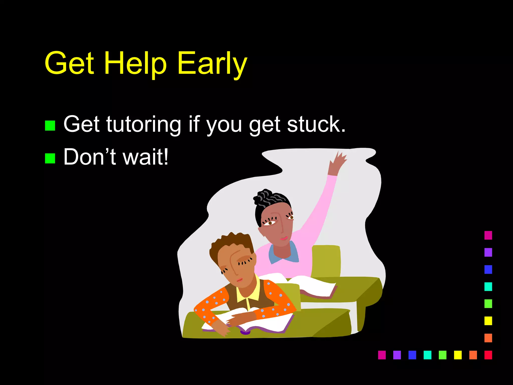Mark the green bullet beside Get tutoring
pos(50,126)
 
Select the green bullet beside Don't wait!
pos(50,158)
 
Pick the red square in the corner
pos(488,355)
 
